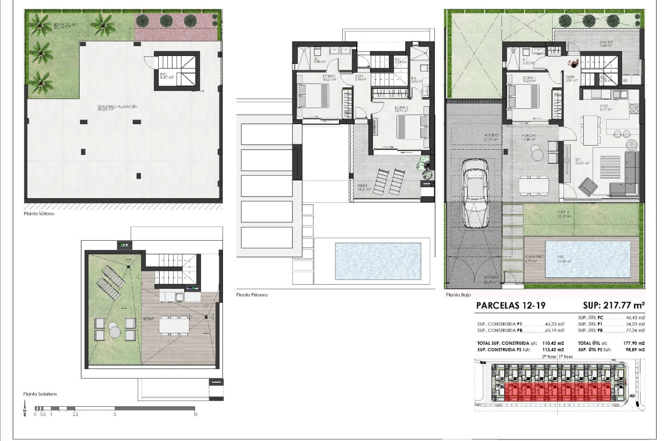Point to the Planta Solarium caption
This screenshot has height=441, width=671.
point(39,394)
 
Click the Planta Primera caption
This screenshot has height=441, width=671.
point(252,295)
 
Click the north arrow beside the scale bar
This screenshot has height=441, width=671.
point(25,408)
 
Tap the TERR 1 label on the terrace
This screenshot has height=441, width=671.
point(363,186)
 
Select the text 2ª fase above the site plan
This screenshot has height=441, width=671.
point(549,356)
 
